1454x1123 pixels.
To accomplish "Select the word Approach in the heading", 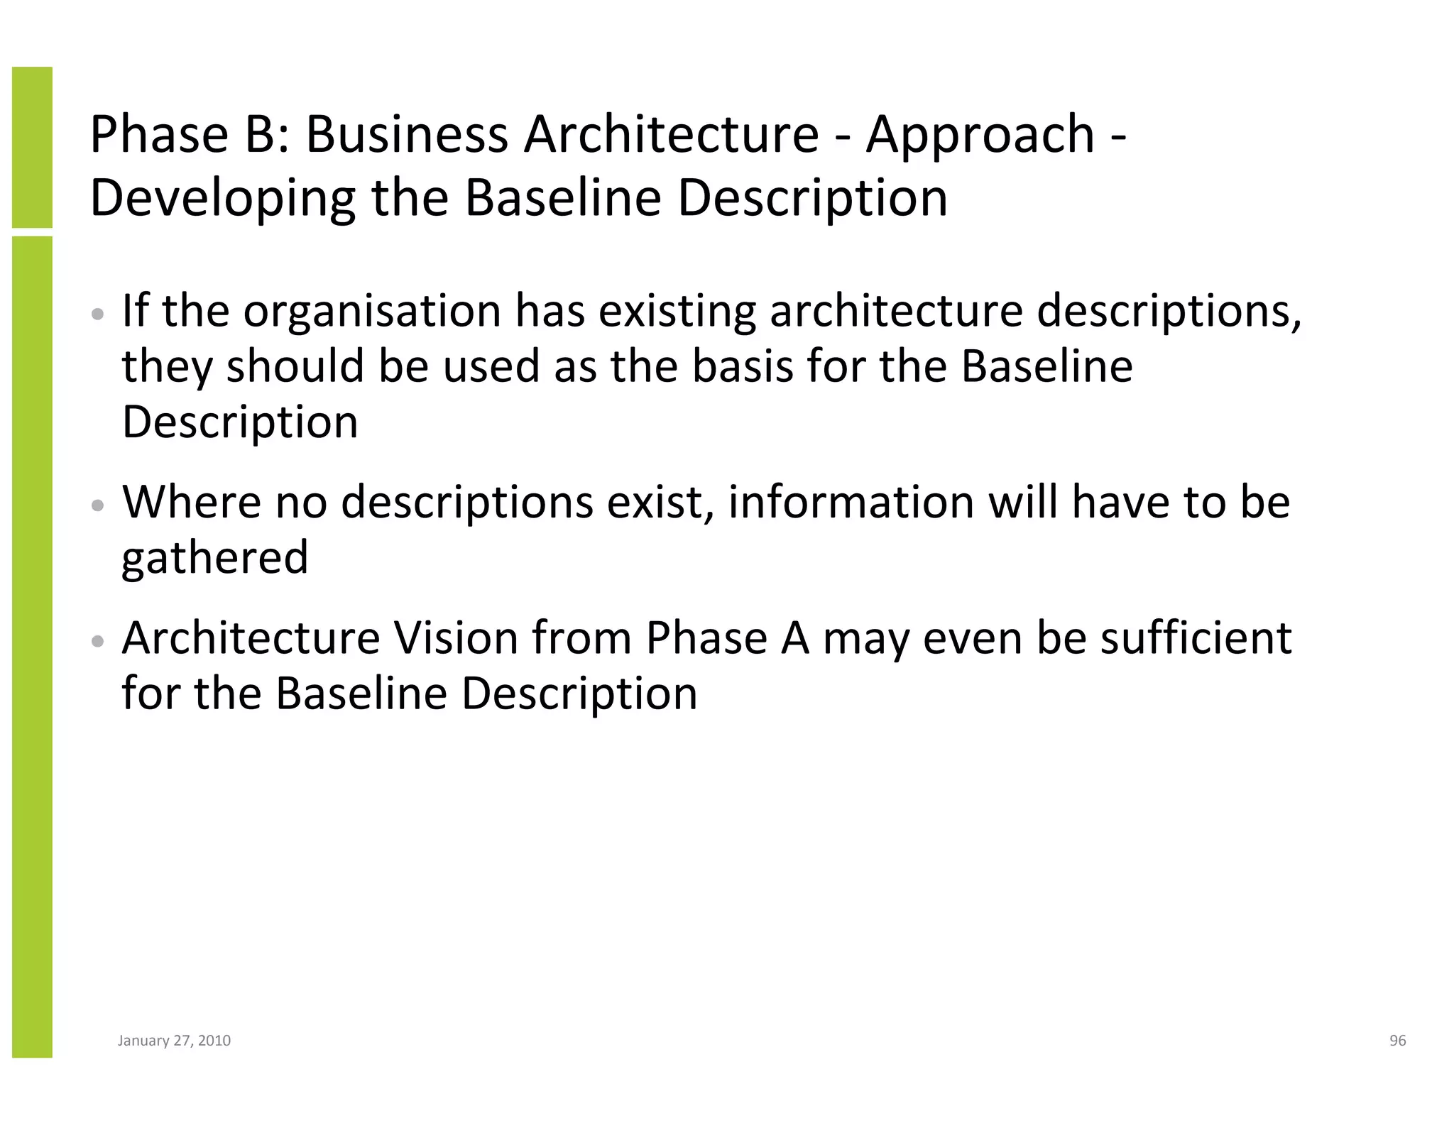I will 980,136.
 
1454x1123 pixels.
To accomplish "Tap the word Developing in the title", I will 222,199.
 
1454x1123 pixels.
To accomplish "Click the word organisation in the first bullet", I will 372,312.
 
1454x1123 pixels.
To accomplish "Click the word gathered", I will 215,557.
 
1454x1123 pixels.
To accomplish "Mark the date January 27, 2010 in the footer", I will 174,1041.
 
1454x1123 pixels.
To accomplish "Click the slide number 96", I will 1397,1041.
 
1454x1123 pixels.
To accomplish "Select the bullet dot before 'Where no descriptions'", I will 99,505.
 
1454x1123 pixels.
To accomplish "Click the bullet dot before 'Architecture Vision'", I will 99,641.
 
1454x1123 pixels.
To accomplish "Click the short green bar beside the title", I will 32,147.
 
